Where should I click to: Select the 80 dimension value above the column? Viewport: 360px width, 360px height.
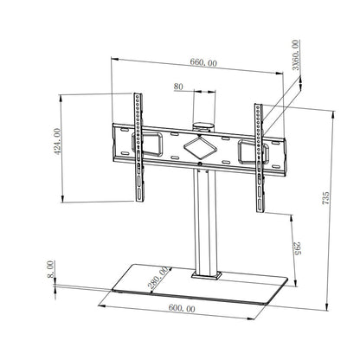(x=177, y=87)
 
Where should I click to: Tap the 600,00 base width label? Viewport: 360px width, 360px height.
(x=181, y=309)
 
